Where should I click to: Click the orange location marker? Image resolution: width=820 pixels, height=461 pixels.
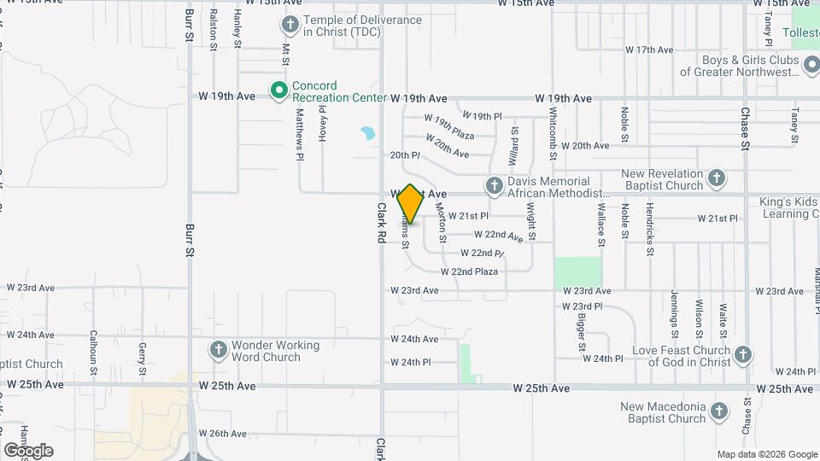pyautogui.click(x=410, y=204)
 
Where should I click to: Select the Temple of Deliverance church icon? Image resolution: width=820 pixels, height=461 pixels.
pyautogui.click(x=290, y=25)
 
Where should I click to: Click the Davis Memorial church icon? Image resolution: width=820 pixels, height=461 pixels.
pyautogui.click(x=494, y=186)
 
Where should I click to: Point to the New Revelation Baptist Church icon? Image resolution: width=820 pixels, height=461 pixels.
pyautogui.click(x=717, y=179)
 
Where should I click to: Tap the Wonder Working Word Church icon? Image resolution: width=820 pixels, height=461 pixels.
pyautogui.click(x=218, y=350)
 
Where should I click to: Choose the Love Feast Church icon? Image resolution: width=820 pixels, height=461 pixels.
pyautogui.click(x=743, y=355)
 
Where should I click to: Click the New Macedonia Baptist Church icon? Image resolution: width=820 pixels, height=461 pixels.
pyautogui.click(x=719, y=412)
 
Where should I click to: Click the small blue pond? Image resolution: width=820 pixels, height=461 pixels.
pyautogui.click(x=368, y=134)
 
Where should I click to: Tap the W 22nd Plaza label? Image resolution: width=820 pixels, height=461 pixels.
pyautogui.click(x=469, y=271)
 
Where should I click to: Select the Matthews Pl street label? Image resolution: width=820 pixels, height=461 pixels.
pyautogui.click(x=300, y=135)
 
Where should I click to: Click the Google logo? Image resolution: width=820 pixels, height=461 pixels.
pyautogui.click(x=28, y=450)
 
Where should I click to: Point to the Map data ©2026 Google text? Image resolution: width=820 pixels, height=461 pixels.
pyautogui.click(x=766, y=454)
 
